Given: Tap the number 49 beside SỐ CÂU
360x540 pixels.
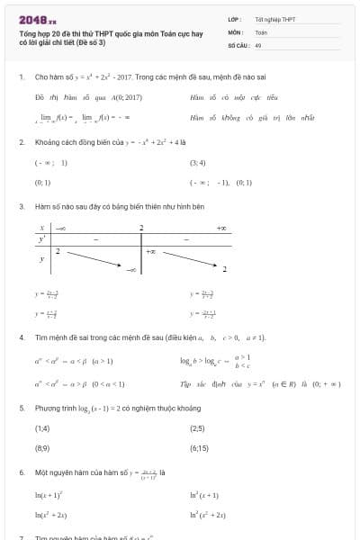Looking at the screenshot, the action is click(258, 44).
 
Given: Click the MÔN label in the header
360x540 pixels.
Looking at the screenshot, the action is click(236, 31).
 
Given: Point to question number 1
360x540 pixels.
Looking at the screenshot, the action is click(21, 77).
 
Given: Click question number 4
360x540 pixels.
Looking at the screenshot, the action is click(21, 337).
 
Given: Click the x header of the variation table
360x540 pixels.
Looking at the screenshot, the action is click(41, 229).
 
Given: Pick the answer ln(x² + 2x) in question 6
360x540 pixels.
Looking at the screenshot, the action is click(51, 514).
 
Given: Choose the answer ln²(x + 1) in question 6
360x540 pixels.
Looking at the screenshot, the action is click(205, 495).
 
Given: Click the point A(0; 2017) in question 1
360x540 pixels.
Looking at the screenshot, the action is click(128, 96).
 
